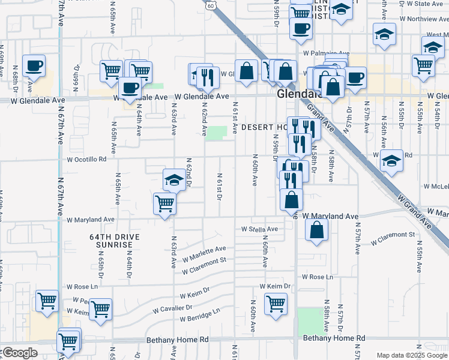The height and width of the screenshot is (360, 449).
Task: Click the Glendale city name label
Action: (x=298, y=95)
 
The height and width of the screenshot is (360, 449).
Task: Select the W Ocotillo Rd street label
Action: (x=86, y=160)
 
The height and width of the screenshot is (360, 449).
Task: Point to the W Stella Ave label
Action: (x=259, y=229)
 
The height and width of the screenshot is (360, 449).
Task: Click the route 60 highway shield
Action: (x=209, y=5)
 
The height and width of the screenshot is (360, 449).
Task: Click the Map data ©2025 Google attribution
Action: (x=411, y=355)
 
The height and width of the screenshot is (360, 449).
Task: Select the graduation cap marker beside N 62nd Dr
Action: (x=174, y=179)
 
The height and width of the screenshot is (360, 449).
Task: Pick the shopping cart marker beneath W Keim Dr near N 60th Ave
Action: (x=276, y=303)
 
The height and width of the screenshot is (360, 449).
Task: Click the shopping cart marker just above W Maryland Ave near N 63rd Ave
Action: (x=164, y=203)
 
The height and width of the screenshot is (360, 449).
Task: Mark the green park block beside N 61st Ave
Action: (x=216, y=133)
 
